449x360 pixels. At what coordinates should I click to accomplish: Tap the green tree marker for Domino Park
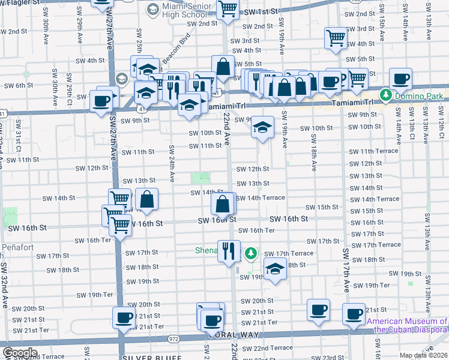385,96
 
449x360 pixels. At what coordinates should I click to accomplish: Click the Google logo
19,353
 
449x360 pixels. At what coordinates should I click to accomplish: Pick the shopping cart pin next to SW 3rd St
336,38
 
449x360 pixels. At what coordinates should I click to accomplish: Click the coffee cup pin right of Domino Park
400,78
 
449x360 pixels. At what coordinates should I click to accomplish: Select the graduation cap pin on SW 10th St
262,127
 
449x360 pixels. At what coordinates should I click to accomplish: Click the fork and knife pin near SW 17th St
228,250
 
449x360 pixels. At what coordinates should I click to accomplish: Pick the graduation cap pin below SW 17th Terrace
275,268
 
